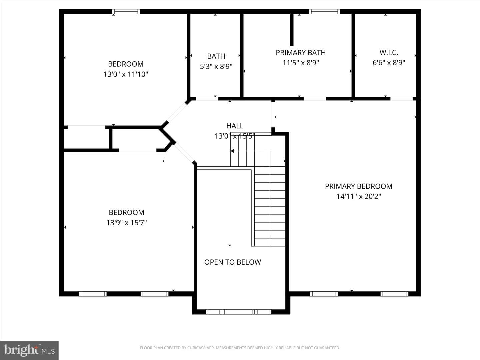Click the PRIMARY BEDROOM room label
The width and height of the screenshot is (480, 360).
359,186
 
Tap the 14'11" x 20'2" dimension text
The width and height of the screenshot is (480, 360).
359,196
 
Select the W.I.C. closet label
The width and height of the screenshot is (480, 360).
389,52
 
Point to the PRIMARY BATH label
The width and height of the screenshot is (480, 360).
301,53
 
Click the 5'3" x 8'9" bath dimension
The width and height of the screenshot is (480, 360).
216,66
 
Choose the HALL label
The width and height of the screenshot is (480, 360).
235,126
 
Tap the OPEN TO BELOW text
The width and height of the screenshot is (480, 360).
233,262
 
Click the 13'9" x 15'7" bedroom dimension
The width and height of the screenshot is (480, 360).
126,223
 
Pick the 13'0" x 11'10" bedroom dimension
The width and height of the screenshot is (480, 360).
126,74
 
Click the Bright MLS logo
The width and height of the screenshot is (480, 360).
29,350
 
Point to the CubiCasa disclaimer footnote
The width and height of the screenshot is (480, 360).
240,348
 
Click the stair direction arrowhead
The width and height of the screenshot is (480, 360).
232,151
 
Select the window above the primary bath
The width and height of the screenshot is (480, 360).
325,12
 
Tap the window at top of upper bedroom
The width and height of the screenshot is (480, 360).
126,12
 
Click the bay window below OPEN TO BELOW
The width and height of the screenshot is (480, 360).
239,312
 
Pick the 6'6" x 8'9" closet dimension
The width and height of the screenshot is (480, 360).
389,63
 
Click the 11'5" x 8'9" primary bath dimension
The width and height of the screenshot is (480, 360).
301,63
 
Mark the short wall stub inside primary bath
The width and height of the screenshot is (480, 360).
292,30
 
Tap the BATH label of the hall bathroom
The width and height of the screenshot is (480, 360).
216,56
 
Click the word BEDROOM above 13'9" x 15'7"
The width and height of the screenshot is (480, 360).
126,212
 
